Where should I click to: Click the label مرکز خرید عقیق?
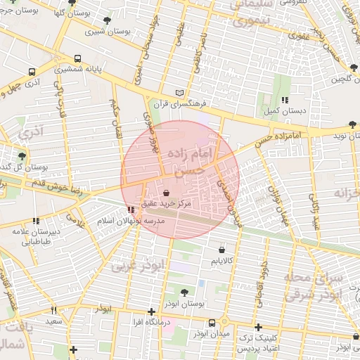(166, 203)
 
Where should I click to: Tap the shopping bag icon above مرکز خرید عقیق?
(166, 192)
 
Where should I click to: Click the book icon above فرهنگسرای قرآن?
(180, 92)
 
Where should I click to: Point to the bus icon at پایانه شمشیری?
(76, 60)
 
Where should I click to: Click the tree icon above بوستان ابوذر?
(184, 292)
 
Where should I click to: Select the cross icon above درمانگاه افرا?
(151, 311)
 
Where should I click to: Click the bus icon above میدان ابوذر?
(212, 323)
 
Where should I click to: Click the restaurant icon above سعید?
(53, 310)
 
